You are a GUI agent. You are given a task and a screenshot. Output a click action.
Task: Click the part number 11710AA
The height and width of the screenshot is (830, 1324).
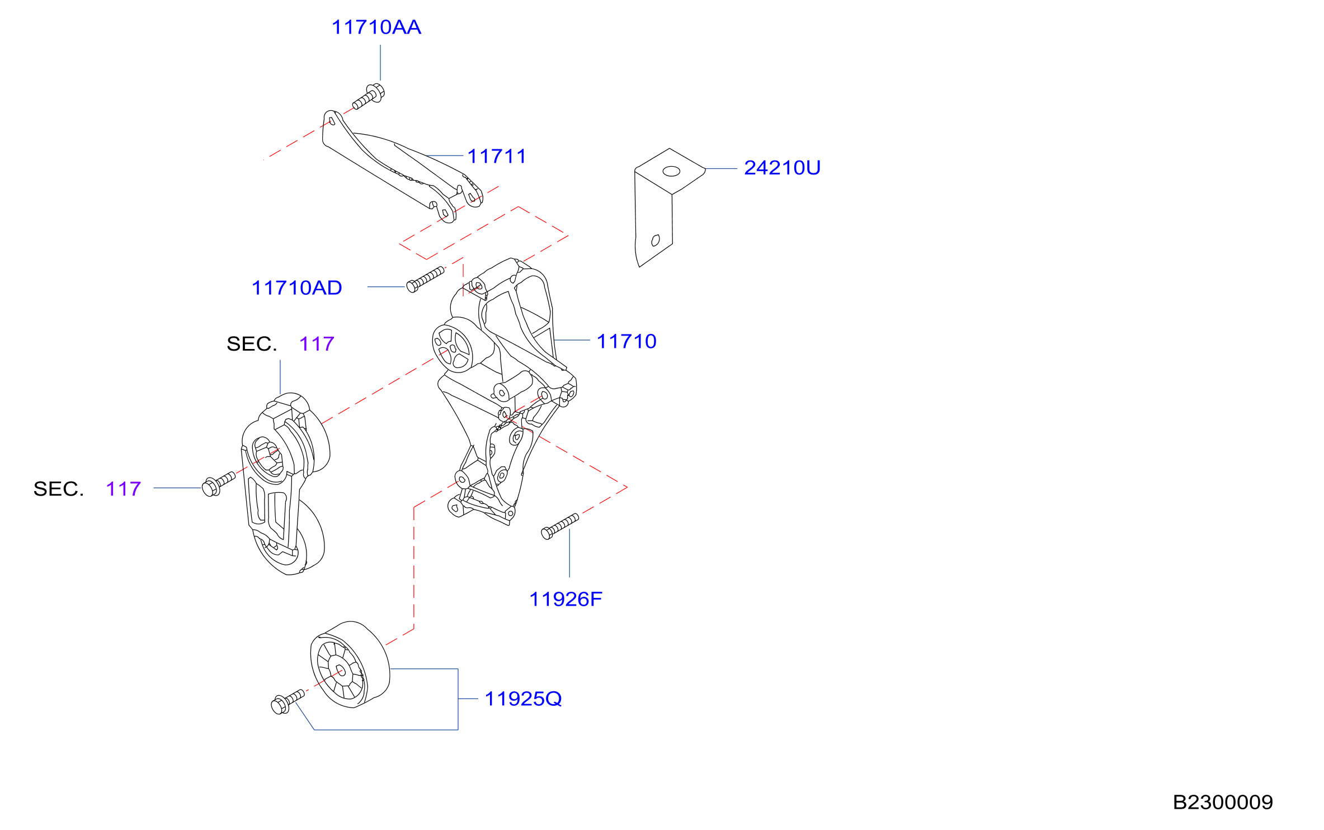[376, 27]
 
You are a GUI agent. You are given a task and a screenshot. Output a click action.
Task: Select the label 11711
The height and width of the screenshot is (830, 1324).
[497, 157]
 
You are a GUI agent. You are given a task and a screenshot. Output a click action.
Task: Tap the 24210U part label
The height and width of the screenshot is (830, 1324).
[782, 168]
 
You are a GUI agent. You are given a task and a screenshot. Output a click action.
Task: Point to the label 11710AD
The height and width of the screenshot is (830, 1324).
[296, 288]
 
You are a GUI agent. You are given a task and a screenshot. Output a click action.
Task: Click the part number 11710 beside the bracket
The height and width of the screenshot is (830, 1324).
[626, 341]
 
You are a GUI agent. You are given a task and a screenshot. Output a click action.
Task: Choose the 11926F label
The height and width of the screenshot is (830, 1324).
[566, 600]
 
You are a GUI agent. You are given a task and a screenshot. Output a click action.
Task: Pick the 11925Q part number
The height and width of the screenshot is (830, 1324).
[523, 699]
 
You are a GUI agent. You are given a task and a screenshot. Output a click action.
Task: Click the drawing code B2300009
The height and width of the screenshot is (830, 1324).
[1223, 803]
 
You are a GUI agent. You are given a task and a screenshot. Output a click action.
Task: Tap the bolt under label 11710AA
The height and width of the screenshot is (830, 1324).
[369, 96]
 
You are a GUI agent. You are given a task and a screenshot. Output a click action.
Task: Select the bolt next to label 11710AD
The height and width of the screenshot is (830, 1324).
[425, 279]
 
